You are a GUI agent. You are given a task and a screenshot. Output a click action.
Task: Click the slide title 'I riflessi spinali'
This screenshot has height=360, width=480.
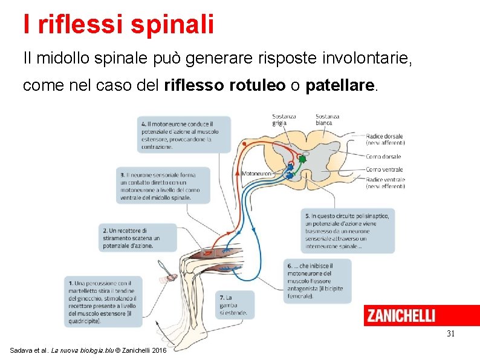pos(118,24)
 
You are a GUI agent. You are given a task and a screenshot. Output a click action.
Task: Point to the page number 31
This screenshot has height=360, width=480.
pos(450,333)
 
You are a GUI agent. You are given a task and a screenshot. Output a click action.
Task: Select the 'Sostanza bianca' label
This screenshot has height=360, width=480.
pos(327,119)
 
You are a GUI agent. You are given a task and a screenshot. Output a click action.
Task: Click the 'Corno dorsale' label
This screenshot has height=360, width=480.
pos(383,156)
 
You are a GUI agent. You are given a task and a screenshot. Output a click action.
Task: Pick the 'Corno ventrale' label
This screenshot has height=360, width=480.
pos(384,169)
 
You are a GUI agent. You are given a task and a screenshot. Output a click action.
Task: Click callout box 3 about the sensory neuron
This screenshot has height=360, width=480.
pos(164,185)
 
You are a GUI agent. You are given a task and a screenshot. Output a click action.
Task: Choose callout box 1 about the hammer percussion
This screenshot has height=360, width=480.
pos(103,302)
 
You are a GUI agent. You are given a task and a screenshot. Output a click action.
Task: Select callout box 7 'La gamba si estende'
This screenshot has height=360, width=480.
pos(235,305)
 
